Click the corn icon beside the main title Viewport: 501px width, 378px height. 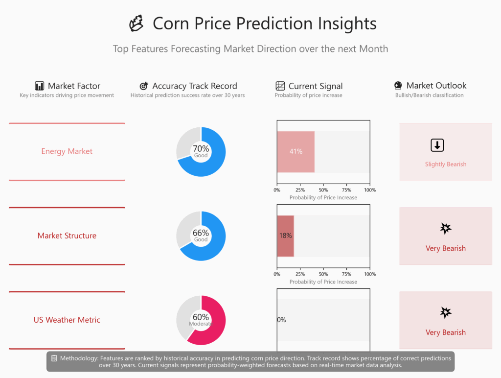click(137, 24)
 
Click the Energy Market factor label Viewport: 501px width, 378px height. click(67, 151)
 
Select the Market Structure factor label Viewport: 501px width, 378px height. click(67, 236)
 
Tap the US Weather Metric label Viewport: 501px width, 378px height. click(67, 320)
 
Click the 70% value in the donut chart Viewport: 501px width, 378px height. click(201, 149)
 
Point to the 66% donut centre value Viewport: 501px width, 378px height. click(201, 233)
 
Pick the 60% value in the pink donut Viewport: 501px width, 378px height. click(201, 317)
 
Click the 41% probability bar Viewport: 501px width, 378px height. click(296, 152)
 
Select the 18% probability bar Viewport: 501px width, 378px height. click(285, 236)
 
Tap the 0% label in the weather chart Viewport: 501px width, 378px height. click(281, 320)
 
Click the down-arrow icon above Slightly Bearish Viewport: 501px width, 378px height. click(437, 145)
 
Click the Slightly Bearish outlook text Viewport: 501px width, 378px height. click(446, 164)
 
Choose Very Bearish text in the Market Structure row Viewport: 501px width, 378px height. click(446, 248)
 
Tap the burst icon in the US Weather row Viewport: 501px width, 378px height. click(446, 312)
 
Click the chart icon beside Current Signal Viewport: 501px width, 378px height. click(280, 86)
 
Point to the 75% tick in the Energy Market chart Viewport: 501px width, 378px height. click(347, 190)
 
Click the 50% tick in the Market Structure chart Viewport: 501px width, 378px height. click(323, 274)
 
